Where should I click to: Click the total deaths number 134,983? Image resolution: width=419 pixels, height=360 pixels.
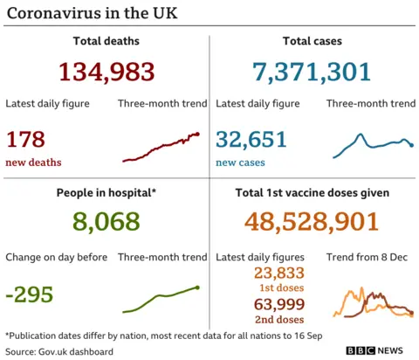pos(106,72)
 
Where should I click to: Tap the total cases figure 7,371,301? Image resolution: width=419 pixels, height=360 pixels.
pos(313,72)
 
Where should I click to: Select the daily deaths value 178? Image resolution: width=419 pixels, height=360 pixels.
pos(25,139)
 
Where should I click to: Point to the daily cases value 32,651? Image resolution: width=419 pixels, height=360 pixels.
pos(251,139)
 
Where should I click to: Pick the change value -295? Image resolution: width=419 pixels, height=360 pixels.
pos(30,294)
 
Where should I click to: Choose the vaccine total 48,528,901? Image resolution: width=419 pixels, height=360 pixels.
pos(312,222)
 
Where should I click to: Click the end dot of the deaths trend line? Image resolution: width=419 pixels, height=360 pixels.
pos(198,134)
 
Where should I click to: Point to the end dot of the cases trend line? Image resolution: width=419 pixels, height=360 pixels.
pos(411,145)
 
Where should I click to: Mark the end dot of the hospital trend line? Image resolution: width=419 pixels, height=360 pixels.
pos(197,287)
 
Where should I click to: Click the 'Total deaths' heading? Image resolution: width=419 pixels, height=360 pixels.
pos(106,41)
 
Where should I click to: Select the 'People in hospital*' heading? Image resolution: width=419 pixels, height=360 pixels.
pos(106,192)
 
